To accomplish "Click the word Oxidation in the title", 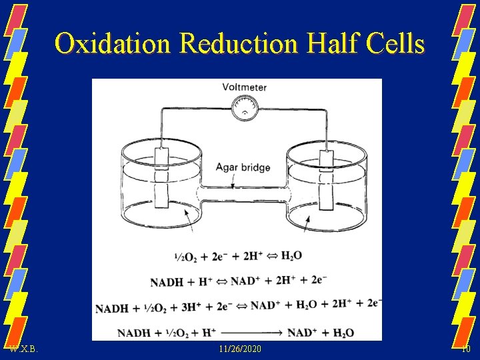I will click(x=113, y=44).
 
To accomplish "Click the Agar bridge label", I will click(x=243, y=167).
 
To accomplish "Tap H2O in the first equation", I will click(x=292, y=256).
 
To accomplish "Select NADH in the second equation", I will click(x=166, y=282).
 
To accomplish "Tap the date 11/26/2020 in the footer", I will click(x=240, y=349).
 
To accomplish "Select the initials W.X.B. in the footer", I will click(x=24, y=349).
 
